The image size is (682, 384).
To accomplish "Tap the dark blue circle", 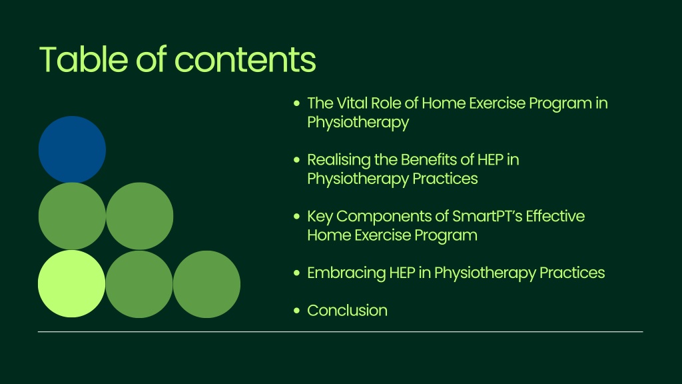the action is pos(72,149).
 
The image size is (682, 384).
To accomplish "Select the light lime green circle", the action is pos(72,283).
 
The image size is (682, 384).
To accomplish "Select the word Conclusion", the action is pos(347,311).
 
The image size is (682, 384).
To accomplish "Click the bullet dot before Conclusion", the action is pos(296,311).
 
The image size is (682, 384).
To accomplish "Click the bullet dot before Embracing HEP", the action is pos(296,273).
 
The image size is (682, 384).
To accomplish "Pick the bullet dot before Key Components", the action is pos(296,217).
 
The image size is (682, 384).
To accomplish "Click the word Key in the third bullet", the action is pos(320,217).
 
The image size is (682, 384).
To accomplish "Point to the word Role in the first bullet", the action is pos(381,103).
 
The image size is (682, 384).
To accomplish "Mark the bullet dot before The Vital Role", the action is pos(296,103).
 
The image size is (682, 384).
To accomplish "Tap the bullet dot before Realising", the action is pos(296,160).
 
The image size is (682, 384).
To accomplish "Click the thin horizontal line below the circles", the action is pos(340,332).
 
